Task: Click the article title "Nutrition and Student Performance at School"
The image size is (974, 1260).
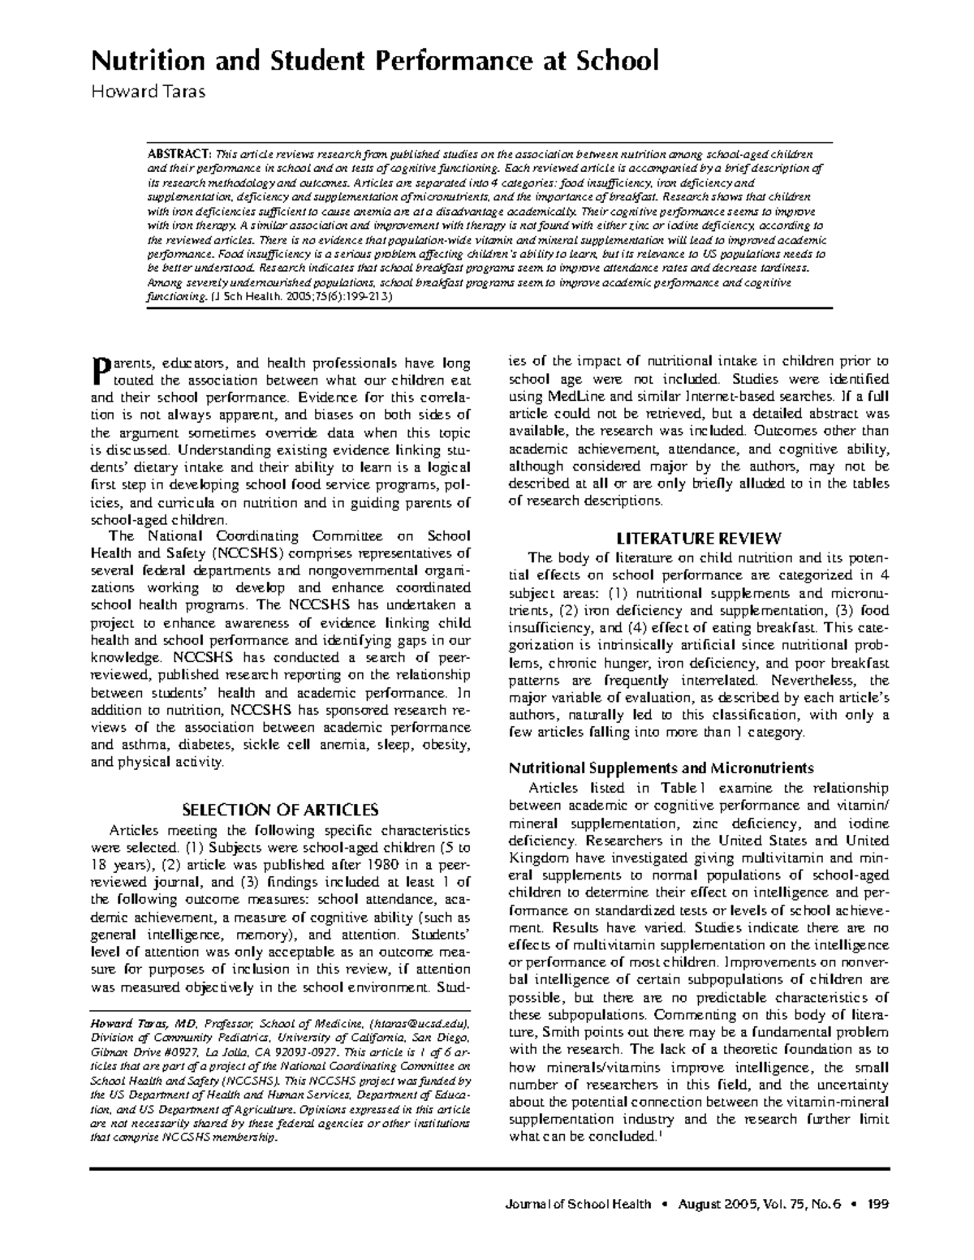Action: (x=374, y=61)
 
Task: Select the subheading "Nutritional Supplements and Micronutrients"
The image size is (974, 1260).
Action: (x=661, y=768)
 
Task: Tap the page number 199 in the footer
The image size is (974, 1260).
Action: (x=877, y=1204)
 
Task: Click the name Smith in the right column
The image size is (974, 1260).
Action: (x=532, y=1032)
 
